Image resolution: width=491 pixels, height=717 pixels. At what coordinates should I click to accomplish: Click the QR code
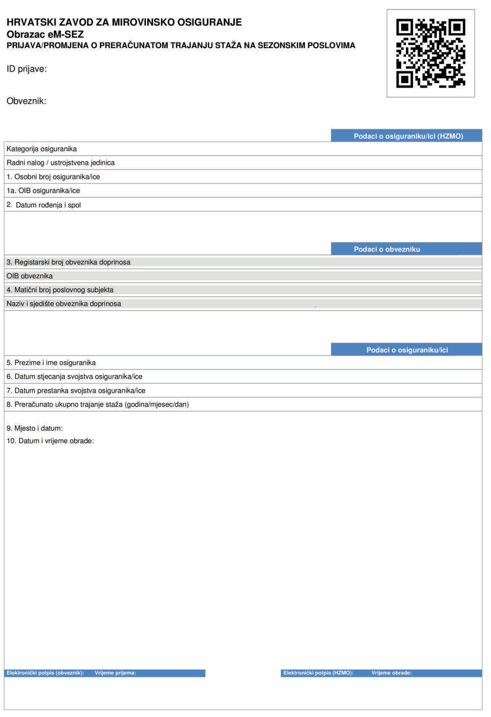click(430, 53)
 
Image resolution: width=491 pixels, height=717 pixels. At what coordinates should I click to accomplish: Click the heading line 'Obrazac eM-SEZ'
click(45, 34)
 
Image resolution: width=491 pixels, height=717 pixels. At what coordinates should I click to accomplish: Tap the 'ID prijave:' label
click(26, 69)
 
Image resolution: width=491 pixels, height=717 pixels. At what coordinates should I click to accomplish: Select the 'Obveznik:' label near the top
click(26, 101)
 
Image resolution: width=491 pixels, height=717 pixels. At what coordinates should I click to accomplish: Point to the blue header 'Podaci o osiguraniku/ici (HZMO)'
click(408, 136)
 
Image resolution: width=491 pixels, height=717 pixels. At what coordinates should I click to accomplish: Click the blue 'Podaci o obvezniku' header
click(387, 249)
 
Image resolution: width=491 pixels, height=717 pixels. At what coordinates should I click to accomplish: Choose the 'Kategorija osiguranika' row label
click(42, 149)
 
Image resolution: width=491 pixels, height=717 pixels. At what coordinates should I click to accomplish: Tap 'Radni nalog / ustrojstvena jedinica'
click(61, 163)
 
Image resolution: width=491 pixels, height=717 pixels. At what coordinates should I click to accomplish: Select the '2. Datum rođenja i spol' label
click(44, 205)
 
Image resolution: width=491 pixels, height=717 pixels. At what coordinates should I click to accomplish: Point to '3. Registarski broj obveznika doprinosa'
click(69, 262)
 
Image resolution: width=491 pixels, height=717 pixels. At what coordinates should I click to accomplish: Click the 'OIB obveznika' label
click(30, 276)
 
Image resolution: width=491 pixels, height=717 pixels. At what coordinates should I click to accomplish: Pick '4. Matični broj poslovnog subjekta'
click(60, 290)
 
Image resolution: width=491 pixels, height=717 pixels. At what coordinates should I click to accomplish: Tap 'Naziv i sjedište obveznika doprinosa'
click(64, 304)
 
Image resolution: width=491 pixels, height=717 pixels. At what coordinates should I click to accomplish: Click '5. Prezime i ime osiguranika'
click(51, 363)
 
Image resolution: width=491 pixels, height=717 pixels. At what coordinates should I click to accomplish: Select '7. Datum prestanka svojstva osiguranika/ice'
click(76, 391)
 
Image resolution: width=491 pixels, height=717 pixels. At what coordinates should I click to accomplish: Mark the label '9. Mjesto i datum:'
click(35, 428)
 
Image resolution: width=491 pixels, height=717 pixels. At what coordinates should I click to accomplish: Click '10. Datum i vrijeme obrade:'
click(50, 441)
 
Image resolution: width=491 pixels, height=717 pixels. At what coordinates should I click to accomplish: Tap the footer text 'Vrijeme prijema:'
click(116, 673)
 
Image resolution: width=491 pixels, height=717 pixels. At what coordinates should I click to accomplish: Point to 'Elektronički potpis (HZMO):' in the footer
click(318, 673)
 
